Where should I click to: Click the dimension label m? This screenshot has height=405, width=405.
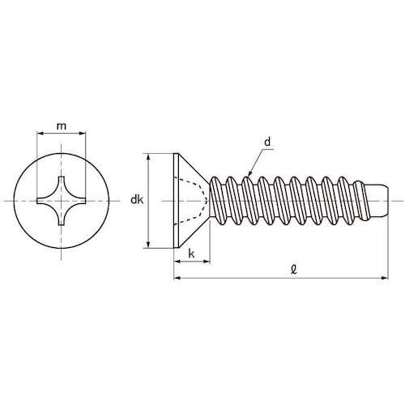coord(62,126)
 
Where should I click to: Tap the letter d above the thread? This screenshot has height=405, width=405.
coord(266,143)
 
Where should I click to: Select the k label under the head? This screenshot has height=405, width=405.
coord(191,254)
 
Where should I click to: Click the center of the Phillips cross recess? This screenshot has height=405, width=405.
coord(62,200)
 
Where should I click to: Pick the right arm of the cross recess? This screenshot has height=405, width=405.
coord(82,200)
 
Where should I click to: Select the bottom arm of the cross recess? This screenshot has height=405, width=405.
coord(62,220)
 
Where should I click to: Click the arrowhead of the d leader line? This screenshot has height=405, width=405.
coord(250,174)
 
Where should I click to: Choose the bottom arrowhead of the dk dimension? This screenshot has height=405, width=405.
coord(148,244)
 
